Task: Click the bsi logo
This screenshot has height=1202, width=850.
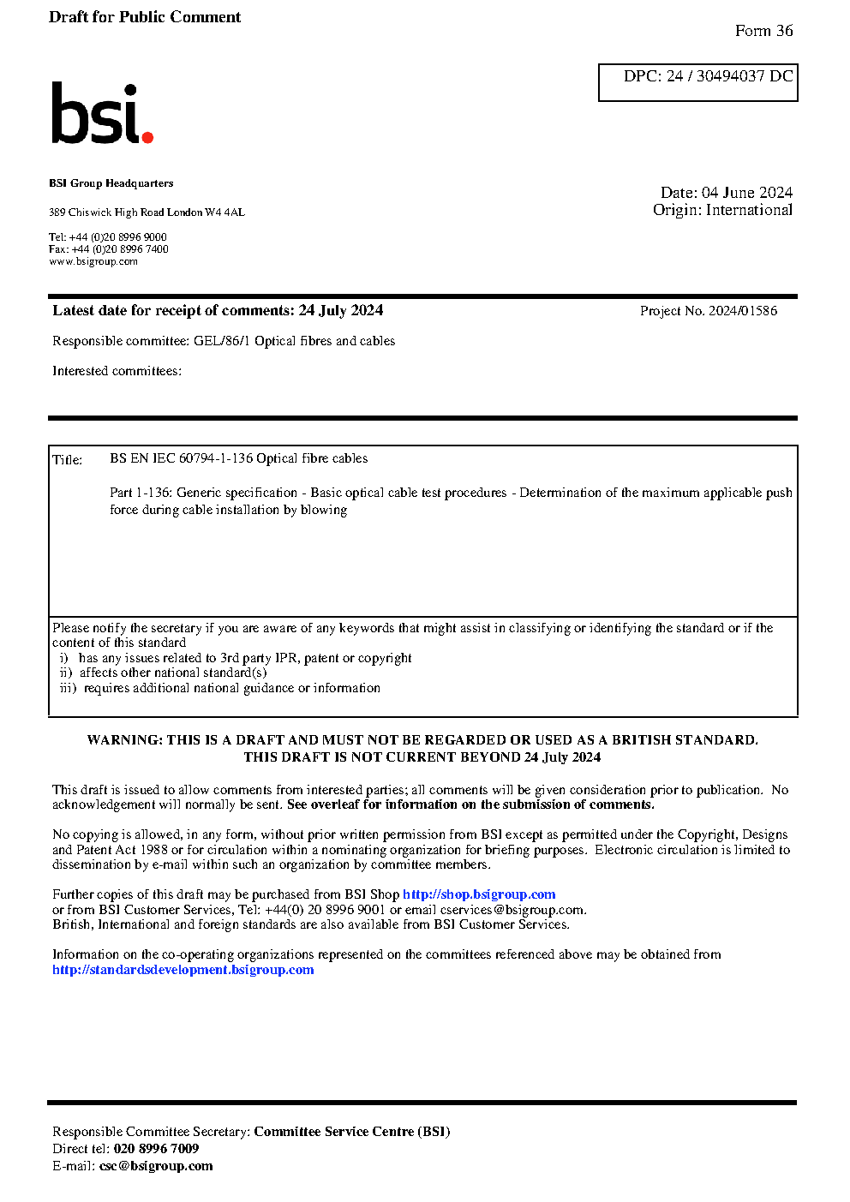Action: tap(101, 114)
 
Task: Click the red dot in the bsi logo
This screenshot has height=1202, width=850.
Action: tap(147, 136)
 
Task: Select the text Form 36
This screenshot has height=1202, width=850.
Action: tap(763, 31)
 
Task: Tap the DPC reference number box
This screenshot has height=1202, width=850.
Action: tap(697, 82)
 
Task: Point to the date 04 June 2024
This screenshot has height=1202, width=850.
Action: tap(746, 193)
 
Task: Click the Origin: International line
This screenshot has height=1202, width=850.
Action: tap(722, 210)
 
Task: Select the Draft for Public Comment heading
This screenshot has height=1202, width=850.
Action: tap(145, 17)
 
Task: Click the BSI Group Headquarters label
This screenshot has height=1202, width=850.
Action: tap(111, 183)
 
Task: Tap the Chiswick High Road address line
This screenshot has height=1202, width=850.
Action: tap(147, 212)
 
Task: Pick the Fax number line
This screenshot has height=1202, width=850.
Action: tap(109, 249)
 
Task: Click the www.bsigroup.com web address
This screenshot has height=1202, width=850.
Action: tap(93, 261)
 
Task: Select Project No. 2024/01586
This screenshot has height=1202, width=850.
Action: tap(709, 311)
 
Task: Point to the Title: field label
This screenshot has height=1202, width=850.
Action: tap(68, 460)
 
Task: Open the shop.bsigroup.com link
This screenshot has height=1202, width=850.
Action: tap(479, 894)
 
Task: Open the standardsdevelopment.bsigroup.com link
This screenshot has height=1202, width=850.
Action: tap(183, 970)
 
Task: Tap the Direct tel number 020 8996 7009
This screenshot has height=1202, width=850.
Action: tap(156, 1149)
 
